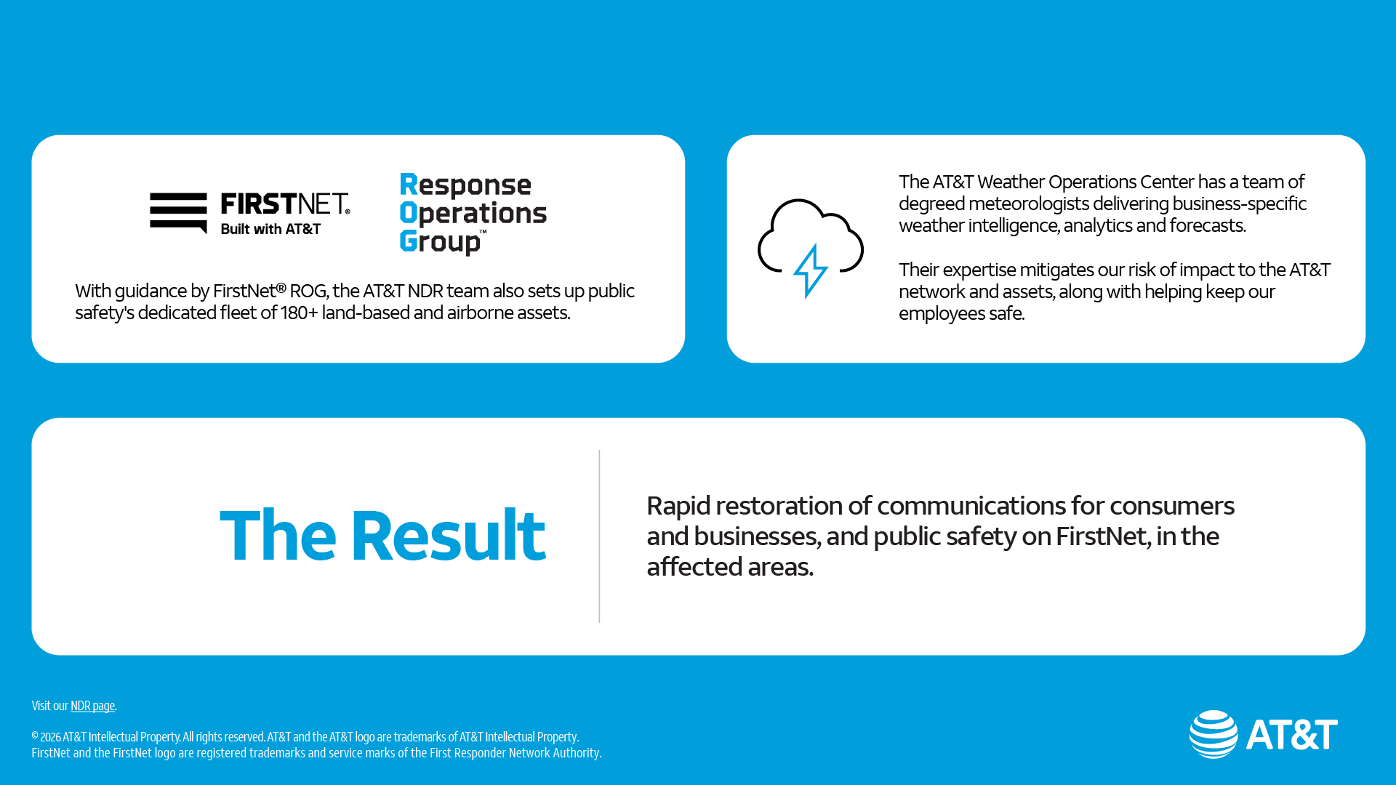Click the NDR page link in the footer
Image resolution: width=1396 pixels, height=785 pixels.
(92, 706)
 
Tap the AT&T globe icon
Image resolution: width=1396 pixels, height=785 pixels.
(1213, 734)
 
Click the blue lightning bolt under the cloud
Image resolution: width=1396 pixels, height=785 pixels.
(810, 270)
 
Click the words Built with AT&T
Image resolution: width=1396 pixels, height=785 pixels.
(270, 229)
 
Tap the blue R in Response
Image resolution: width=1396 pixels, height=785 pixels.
(409, 185)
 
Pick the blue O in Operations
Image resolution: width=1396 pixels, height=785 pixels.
(409, 213)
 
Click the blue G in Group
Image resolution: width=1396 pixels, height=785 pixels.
(409, 241)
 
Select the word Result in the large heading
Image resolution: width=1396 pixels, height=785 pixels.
(448, 536)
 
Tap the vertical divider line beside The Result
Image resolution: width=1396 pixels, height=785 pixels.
(599, 536)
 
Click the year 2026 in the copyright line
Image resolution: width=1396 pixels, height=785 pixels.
(50, 737)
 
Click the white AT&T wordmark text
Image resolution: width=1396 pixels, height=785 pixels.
(1292, 734)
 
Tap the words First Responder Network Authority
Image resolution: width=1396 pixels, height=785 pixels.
(515, 753)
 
